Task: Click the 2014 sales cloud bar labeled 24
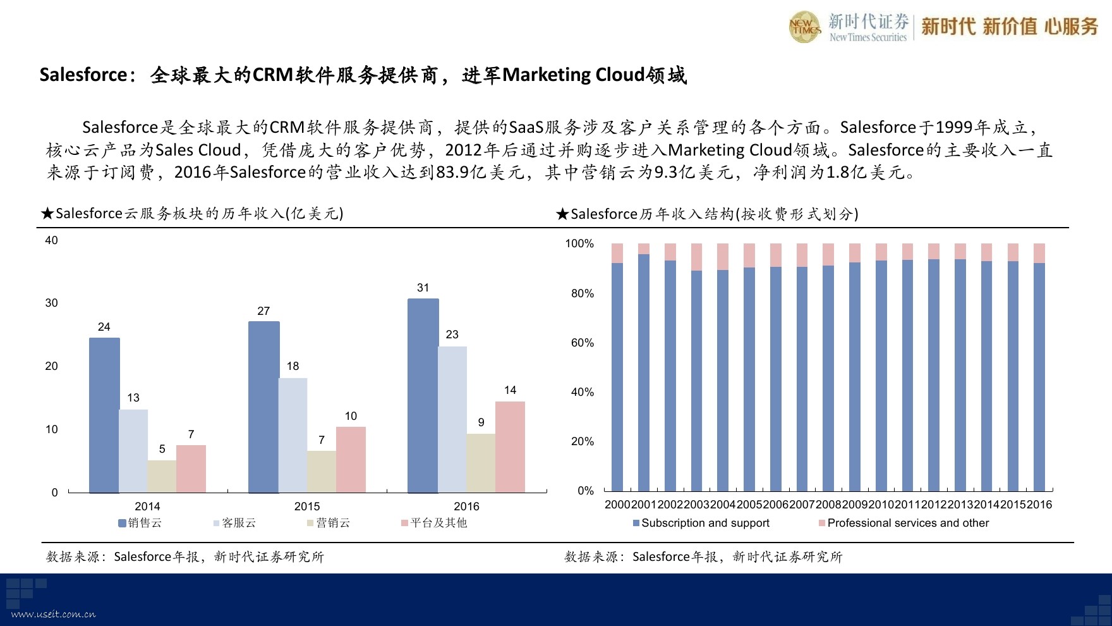pyautogui.click(x=104, y=415)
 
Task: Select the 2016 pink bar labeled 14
pyautogui.click(x=510, y=447)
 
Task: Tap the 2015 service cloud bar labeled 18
pyautogui.click(x=293, y=435)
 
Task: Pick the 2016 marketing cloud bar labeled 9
pyautogui.click(x=481, y=463)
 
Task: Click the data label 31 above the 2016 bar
pyautogui.click(x=423, y=288)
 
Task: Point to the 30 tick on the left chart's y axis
pyautogui.click(x=51, y=303)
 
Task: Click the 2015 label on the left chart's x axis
pyautogui.click(x=307, y=506)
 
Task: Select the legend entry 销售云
pyautogui.click(x=140, y=523)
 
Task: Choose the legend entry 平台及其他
pyautogui.click(x=434, y=523)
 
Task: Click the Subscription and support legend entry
pyautogui.click(x=701, y=523)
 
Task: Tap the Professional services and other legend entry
pyautogui.click(x=903, y=523)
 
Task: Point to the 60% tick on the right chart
pyautogui.click(x=582, y=343)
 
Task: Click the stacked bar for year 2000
pyautogui.click(x=617, y=367)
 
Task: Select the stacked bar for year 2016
pyautogui.click(x=1039, y=367)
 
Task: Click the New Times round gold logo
pyautogui.click(x=805, y=27)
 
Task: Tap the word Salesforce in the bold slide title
pyautogui.click(x=83, y=75)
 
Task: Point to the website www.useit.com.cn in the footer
pyautogui.click(x=54, y=614)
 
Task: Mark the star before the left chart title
pyautogui.click(x=47, y=214)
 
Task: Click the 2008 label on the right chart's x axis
pyautogui.click(x=828, y=505)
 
